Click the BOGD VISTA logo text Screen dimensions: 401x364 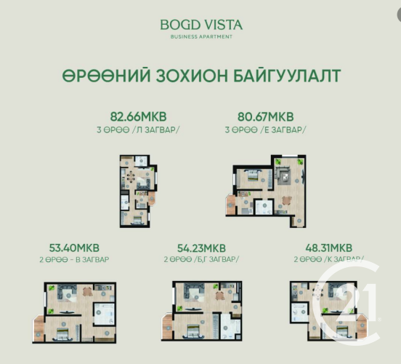[x=201, y=25]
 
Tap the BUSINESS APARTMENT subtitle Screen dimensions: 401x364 [x=201, y=36]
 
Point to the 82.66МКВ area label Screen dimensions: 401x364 [x=138, y=116]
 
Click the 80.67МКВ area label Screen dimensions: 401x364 [x=265, y=116]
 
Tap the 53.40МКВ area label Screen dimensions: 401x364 [x=74, y=248]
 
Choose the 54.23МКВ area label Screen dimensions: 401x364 [x=201, y=248]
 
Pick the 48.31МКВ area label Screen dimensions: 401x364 [x=329, y=248]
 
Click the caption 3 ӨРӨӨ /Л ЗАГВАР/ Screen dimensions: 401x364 [x=138, y=130]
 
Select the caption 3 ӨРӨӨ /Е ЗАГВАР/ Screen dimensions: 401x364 [x=265, y=130]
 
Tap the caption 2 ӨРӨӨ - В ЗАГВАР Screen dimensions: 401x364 [x=74, y=260]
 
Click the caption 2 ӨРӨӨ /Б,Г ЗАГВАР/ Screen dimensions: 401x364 [x=201, y=259]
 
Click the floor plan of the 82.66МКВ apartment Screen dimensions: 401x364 [x=138, y=191]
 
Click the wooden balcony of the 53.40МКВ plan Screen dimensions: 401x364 [x=39, y=328]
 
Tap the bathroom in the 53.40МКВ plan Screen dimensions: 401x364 [x=104, y=314]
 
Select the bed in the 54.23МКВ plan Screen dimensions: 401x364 [x=193, y=331]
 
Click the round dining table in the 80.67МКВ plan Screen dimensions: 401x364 [x=287, y=200]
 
